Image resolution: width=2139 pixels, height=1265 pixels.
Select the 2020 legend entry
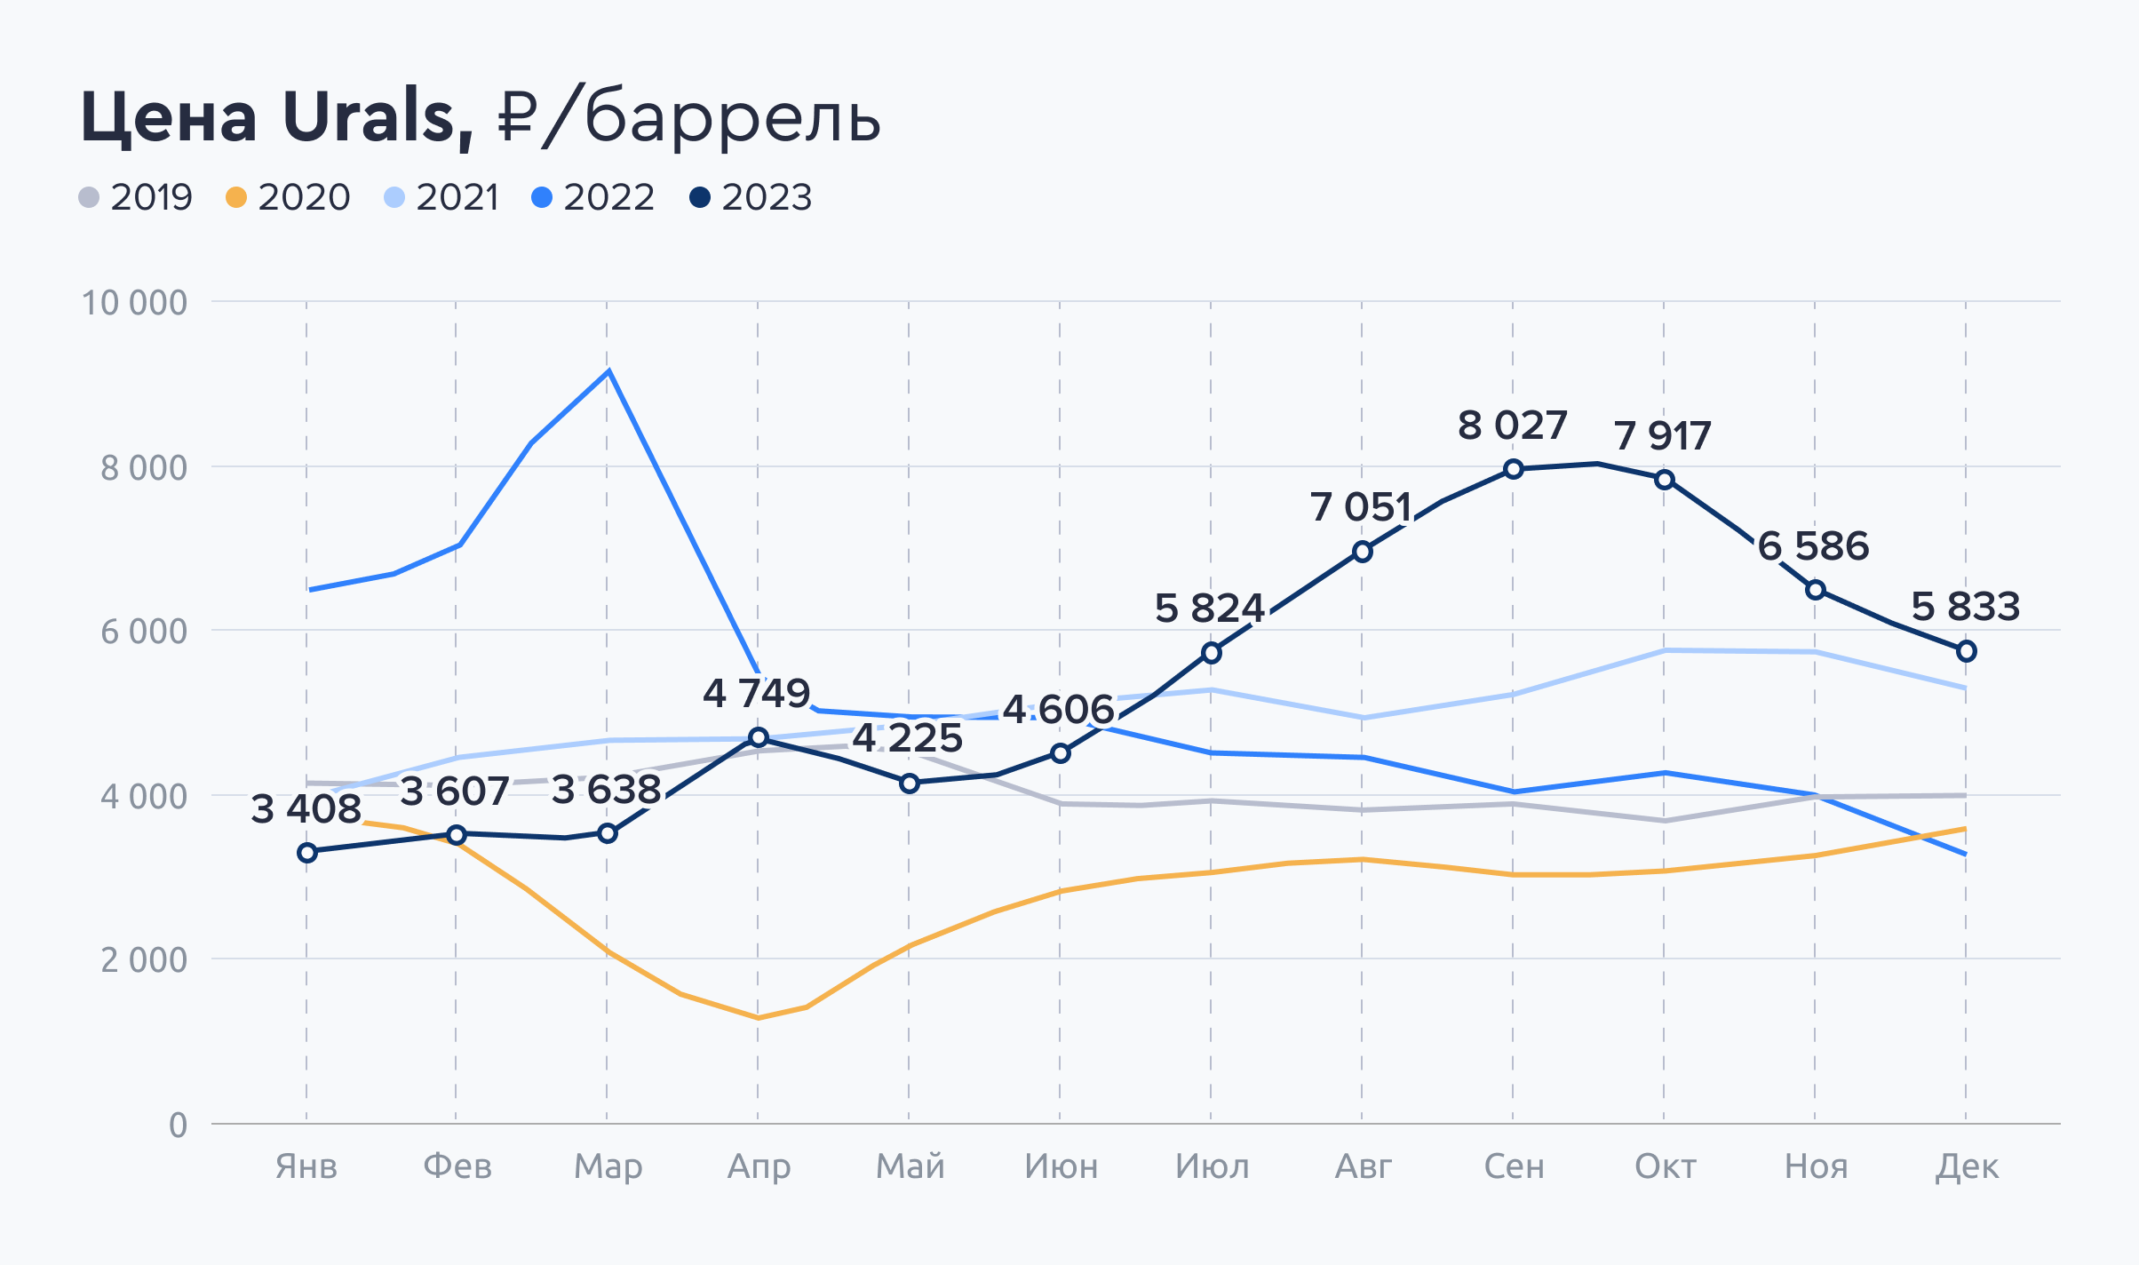click(289, 197)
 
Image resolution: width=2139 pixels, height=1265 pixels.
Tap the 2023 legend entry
click(751, 197)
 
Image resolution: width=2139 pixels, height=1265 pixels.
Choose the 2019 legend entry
click(136, 197)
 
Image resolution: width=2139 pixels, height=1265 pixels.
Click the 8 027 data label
click(1512, 426)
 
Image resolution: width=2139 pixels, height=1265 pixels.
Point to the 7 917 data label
click(1662, 436)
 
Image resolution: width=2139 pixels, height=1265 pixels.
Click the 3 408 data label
click(306, 809)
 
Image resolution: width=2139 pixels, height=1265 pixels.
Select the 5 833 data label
click(1965, 607)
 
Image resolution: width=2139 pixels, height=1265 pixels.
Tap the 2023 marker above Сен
click(1514, 469)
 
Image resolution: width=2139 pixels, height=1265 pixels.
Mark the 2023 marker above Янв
click(307, 853)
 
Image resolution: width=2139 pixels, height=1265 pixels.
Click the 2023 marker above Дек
click(1967, 651)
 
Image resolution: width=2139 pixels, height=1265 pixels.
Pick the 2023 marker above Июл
click(1212, 653)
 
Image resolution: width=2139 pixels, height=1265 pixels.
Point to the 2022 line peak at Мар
click(608, 370)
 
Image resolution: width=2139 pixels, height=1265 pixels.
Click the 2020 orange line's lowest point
click(758, 1018)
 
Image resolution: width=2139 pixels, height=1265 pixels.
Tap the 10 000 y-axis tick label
click(134, 303)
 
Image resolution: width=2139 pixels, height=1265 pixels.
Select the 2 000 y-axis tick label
click(144, 960)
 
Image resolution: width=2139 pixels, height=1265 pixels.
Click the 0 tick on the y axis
click(178, 1125)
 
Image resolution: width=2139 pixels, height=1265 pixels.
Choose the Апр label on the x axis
click(759, 1166)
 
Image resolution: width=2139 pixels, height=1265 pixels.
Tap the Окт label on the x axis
click(1665, 1166)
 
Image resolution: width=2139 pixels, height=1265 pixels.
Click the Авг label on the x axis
click(1363, 1166)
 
